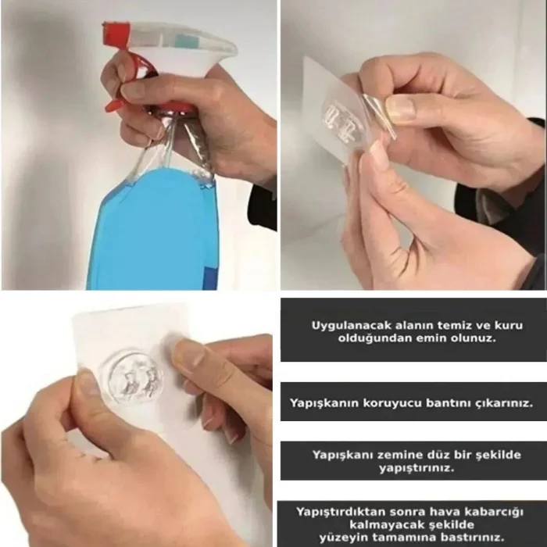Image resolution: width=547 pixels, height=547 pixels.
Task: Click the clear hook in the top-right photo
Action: (344, 117)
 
